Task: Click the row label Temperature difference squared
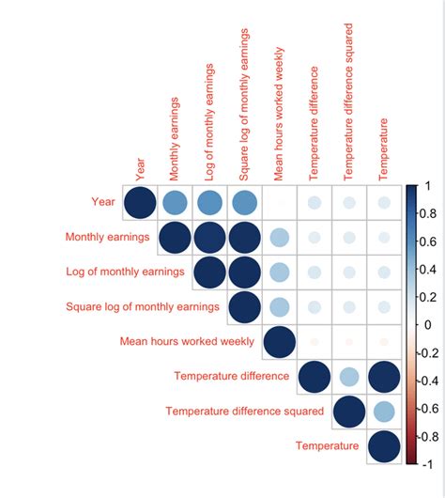click(x=244, y=411)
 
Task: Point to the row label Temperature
click(x=327, y=445)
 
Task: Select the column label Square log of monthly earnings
click(x=244, y=104)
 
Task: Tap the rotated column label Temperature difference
click(x=315, y=123)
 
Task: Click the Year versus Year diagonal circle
click(x=140, y=202)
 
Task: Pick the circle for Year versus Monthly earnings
click(x=175, y=202)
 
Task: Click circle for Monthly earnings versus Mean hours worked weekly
click(x=279, y=237)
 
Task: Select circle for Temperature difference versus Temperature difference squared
click(x=348, y=376)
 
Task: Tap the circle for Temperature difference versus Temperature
click(x=383, y=376)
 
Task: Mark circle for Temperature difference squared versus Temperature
click(x=383, y=411)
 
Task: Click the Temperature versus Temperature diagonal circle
click(x=383, y=445)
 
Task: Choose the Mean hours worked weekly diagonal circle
click(x=279, y=341)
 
